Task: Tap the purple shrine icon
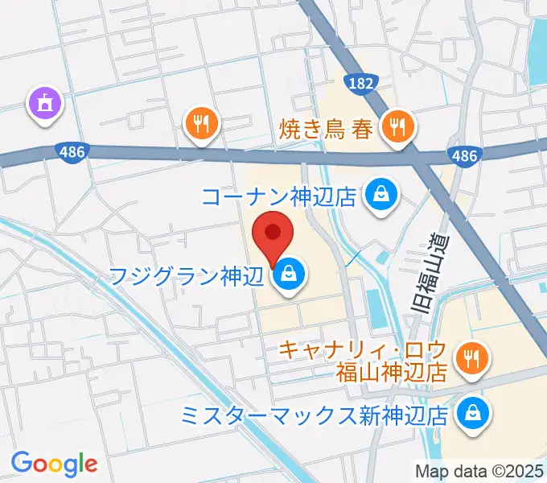(x=44, y=104)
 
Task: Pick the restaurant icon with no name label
(x=201, y=123)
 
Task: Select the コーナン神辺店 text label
(x=278, y=196)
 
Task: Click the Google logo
(x=55, y=463)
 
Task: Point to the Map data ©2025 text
(x=480, y=471)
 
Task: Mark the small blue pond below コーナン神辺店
(x=375, y=305)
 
